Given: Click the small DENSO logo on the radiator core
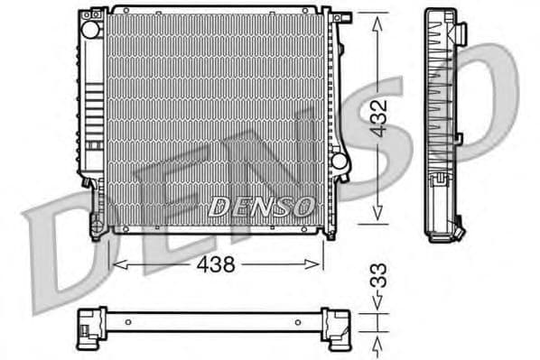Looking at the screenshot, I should pyautogui.click(x=260, y=207).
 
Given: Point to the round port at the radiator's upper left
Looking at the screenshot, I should pyautogui.click(x=89, y=29).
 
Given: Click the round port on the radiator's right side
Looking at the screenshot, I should pyautogui.click(x=339, y=161).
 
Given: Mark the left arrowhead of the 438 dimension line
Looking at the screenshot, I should pyautogui.click(x=114, y=264).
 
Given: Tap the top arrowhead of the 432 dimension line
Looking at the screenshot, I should pyautogui.click(x=377, y=18).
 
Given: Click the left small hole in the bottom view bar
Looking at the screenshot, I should pyautogui.click(x=128, y=321).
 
